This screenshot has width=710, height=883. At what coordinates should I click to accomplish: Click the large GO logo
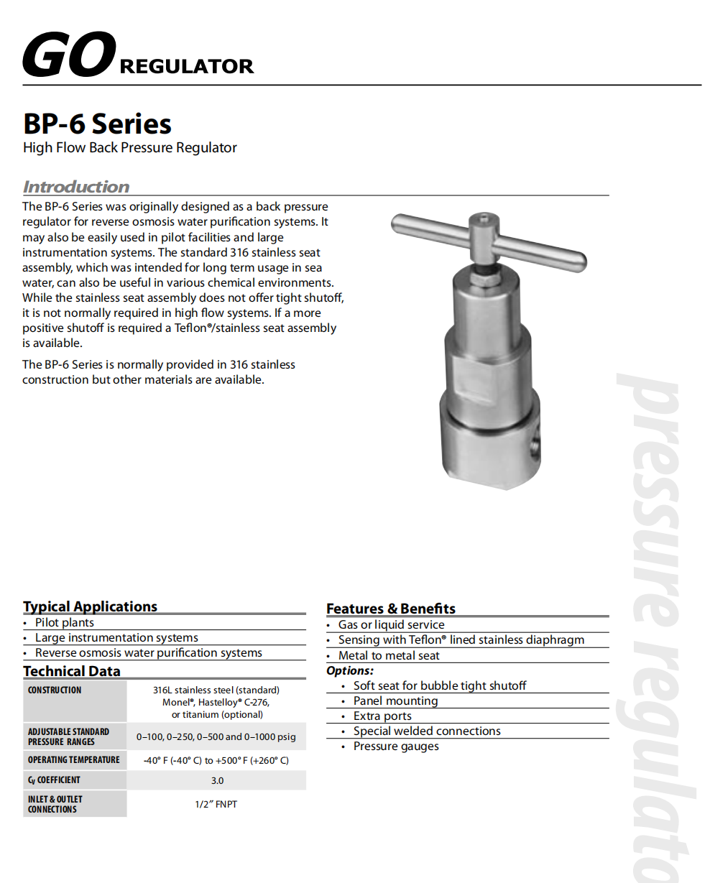[x=69, y=55]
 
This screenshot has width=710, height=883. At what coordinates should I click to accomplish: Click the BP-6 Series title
[x=97, y=124]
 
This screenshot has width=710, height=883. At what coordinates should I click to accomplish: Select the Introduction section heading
[x=76, y=187]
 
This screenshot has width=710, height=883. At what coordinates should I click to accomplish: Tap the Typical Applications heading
[x=90, y=606]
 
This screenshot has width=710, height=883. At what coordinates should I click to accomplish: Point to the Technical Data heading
[x=72, y=671]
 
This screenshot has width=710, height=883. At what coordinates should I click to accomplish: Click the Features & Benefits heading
[x=391, y=609]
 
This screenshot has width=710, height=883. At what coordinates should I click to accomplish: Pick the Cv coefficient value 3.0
[x=217, y=780]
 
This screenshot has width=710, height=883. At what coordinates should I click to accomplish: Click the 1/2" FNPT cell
[x=216, y=804]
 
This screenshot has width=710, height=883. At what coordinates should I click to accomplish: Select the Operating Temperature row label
[x=74, y=759]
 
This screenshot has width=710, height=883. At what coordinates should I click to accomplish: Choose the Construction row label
[x=55, y=690]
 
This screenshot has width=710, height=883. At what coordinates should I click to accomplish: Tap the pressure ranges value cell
[x=216, y=736]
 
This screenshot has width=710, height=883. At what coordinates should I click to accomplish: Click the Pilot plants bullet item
[x=65, y=623]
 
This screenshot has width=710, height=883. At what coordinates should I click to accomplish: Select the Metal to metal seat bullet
[x=389, y=655]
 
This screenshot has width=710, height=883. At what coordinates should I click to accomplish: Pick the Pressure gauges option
[x=396, y=746]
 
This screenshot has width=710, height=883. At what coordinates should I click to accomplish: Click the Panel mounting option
[x=395, y=701]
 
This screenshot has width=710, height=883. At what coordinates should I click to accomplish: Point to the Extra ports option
[x=382, y=716]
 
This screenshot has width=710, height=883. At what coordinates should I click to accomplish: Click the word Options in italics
[x=350, y=670]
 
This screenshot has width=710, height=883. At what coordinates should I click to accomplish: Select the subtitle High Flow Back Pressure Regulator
[x=130, y=148]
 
